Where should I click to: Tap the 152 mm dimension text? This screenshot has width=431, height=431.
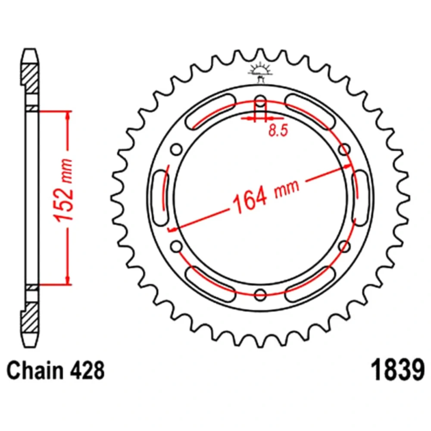tap(64, 190)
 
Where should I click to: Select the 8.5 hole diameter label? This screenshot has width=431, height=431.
tap(278, 130)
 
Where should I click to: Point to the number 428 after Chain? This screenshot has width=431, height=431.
tap(87, 370)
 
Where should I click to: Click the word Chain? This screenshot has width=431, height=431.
tap(35, 370)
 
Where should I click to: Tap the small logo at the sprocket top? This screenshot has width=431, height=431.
tap(260, 72)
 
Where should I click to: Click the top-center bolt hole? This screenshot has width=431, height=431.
tap(260, 100)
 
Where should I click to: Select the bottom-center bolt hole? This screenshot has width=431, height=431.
tap(260, 294)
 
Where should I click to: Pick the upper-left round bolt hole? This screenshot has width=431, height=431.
tap(176, 150)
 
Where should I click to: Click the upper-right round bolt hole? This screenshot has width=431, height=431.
tap(344, 150)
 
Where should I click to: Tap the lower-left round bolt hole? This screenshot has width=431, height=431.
tap(176, 246)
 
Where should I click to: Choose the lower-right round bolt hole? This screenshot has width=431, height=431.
tap(344, 246)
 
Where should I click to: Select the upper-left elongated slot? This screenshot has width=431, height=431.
tap(211, 111)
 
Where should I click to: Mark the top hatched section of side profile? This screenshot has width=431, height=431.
tap(30, 79)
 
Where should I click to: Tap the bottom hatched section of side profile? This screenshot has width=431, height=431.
tap(30, 318)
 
